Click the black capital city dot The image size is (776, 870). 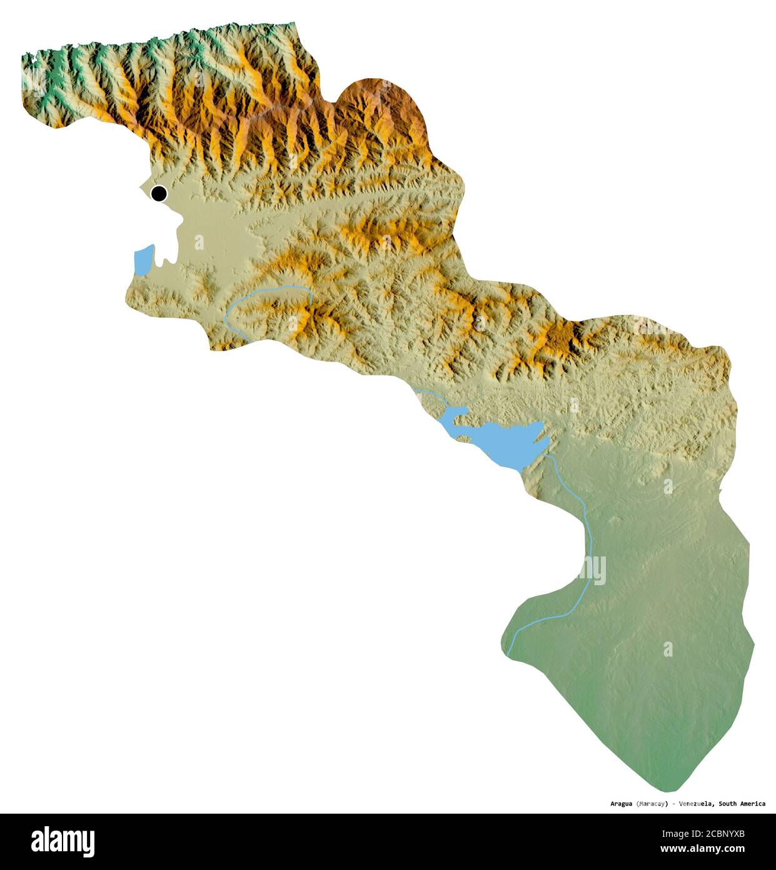tap(159, 194)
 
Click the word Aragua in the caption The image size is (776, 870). tap(622, 804)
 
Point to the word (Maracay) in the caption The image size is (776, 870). tap(652, 804)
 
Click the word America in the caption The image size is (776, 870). tap(753, 804)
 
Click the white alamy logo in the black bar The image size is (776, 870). tap(63, 841)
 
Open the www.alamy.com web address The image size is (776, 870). tap(703, 849)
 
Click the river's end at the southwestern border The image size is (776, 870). tap(508, 655)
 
